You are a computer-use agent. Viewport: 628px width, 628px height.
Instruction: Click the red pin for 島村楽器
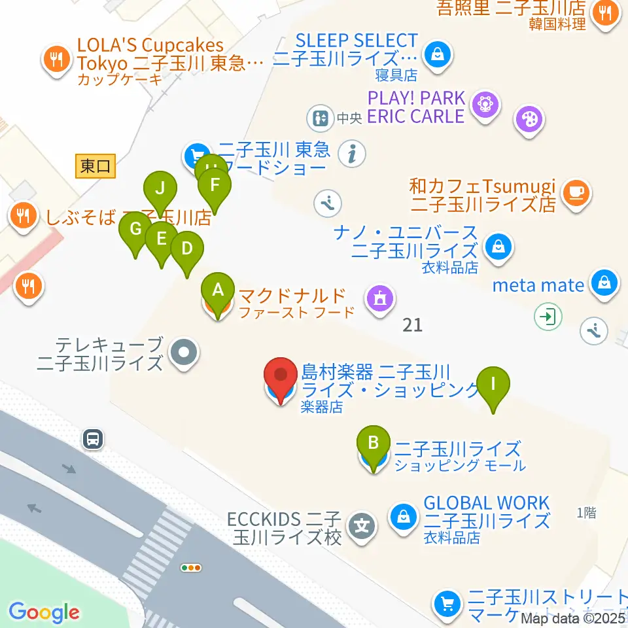[281, 379]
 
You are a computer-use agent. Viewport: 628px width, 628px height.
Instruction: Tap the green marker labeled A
[218, 291]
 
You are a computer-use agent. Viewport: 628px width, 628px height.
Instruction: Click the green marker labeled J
[161, 192]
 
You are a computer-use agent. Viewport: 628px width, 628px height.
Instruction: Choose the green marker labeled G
[136, 232]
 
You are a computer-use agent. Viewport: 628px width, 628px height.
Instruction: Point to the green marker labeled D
[187, 251]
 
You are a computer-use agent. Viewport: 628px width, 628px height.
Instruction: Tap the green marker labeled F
[215, 187]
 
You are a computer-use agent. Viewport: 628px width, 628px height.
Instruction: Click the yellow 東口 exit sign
[96, 166]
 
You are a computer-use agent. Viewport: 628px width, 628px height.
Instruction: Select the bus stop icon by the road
[94, 439]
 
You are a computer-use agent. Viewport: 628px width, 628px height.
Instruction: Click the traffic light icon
[192, 568]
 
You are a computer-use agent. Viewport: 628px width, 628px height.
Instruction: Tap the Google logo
[44, 612]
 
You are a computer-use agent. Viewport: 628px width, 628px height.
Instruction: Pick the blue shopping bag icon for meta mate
[604, 284]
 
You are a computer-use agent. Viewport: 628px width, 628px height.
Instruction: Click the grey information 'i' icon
[353, 154]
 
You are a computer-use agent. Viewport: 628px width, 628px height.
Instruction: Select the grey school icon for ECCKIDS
[360, 525]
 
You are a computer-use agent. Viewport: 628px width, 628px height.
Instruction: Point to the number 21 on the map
[413, 324]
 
